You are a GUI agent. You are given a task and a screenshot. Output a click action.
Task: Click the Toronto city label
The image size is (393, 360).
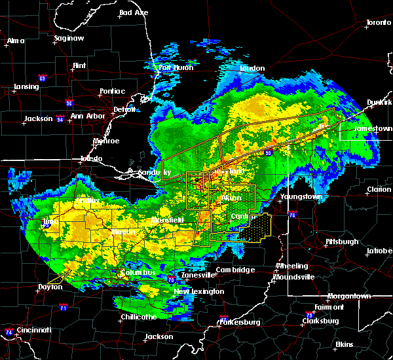(x=378, y=23)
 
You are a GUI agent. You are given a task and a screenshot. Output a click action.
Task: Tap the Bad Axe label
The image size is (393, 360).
(x=134, y=13)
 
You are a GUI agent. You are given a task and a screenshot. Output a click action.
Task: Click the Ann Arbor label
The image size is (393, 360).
(x=86, y=117)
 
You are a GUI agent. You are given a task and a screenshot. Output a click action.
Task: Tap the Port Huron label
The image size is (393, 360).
(x=174, y=67)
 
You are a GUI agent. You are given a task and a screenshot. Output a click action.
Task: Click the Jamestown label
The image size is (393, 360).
(x=372, y=129)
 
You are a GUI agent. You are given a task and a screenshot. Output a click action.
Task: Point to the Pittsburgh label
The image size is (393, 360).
(x=342, y=242)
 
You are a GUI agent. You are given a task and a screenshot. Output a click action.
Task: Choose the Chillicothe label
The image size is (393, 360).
(x=138, y=317)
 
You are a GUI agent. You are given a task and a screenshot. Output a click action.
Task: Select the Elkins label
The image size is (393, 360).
(x=344, y=344)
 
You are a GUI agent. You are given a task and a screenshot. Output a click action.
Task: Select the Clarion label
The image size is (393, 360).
(x=379, y=190)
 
